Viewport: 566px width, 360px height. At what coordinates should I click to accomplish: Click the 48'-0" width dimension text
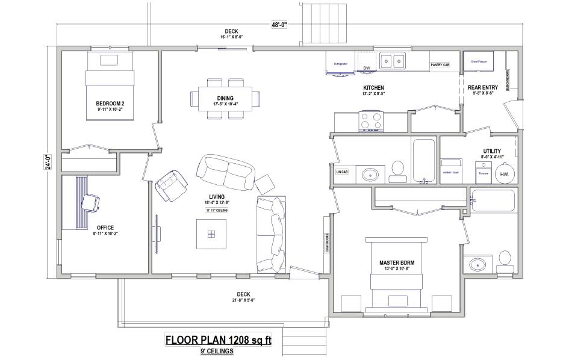click(x=279, y=25)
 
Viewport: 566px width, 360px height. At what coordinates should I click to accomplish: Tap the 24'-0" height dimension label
click(x=48, y=162)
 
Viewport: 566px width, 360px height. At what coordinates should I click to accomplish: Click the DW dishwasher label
click(x=366, y=68)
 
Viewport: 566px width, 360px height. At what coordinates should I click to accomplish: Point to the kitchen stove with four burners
click(x=371, y=121)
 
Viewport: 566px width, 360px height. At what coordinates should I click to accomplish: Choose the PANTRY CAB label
click(x=440, y=64)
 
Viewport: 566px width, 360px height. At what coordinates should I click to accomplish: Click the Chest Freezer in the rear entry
click(x=479, y=60)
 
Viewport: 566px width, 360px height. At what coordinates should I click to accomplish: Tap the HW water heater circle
click(x=502, y=174)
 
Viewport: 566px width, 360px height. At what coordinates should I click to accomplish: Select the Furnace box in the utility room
click(x=483, y=172)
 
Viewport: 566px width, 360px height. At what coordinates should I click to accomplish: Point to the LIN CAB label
click(x=341, y=172)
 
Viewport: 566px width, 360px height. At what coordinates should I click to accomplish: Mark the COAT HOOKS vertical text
click(x=327, y=243)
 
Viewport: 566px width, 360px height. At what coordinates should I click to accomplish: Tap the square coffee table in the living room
click(x=211, y=234)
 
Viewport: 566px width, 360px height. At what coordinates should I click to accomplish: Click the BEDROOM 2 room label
click(x=110, y=106)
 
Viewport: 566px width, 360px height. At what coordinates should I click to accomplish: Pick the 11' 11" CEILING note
click(x=216, y=211)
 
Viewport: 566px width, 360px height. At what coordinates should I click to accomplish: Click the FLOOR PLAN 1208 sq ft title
click(x=218, y=340)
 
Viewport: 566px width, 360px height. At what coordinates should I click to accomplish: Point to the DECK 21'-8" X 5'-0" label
click(x=244, y=297)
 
